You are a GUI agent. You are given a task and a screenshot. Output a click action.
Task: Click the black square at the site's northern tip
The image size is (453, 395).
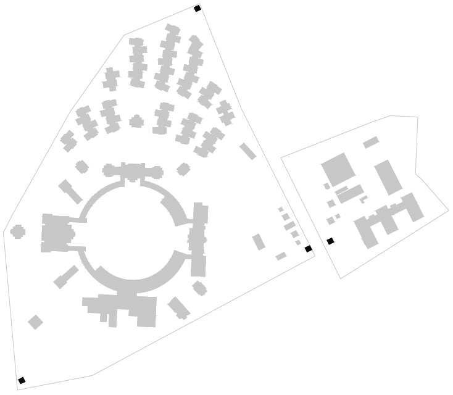coord(197,9)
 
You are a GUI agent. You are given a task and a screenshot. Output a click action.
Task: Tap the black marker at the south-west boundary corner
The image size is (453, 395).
coord(22,380)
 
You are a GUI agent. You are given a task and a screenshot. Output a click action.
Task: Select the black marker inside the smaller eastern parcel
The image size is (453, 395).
coord(330,241)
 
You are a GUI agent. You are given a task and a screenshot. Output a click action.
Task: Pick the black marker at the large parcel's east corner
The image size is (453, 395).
coord(309,249)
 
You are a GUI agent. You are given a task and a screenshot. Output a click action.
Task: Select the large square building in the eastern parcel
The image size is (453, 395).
coord(338,169)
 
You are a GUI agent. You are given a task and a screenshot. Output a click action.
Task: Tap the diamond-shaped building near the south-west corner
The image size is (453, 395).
coord(35,322)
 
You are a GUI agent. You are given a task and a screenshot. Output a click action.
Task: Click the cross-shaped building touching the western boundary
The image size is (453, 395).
coord(17,232)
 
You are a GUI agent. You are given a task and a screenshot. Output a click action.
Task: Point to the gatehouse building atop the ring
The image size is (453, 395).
coord(133,171)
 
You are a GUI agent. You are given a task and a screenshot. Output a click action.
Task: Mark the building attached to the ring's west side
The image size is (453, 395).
coord(57,233)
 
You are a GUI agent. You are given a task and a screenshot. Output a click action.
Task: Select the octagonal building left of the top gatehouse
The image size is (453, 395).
coord(81,167)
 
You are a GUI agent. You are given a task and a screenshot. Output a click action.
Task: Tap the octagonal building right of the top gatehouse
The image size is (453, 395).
coord(183,168)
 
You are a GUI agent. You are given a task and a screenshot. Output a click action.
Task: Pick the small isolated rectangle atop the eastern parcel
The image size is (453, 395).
coord(370,143)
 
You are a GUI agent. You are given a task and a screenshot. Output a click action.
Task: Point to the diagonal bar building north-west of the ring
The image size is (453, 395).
coord(70,191)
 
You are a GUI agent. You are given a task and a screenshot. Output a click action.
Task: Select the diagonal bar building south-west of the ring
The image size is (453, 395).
coord(65,277)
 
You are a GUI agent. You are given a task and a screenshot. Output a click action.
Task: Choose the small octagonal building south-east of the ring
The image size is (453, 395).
coord(199,288)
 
